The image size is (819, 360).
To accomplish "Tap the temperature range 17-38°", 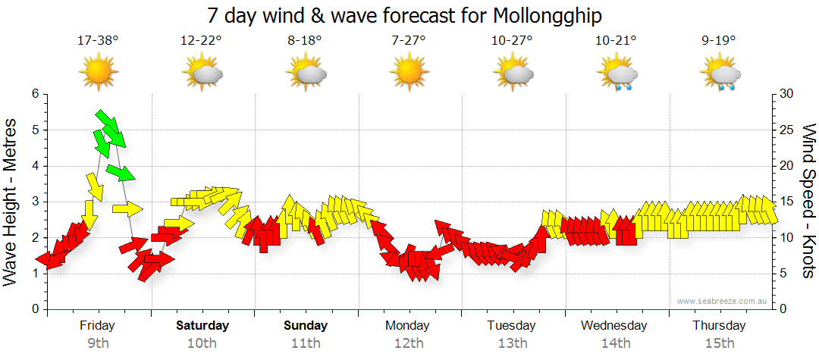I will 98,41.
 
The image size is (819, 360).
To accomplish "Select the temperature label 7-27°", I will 409,41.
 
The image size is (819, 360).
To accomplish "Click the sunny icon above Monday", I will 409,73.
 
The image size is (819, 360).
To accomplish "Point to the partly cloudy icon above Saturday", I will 202,74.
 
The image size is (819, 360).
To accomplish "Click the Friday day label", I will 97,326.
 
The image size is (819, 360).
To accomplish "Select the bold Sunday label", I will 306,326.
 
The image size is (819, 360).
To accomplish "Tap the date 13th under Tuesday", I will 513,343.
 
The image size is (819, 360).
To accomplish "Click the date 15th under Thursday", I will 720,343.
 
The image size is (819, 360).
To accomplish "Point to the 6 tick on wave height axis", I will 34,94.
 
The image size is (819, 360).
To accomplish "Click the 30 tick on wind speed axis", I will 786,94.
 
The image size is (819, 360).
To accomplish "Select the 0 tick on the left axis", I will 34,309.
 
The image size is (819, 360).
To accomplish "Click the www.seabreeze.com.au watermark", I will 723,301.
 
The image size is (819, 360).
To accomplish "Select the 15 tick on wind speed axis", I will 786,202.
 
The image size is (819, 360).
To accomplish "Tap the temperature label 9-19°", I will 720,41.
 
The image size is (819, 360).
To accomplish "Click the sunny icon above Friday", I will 99,73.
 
